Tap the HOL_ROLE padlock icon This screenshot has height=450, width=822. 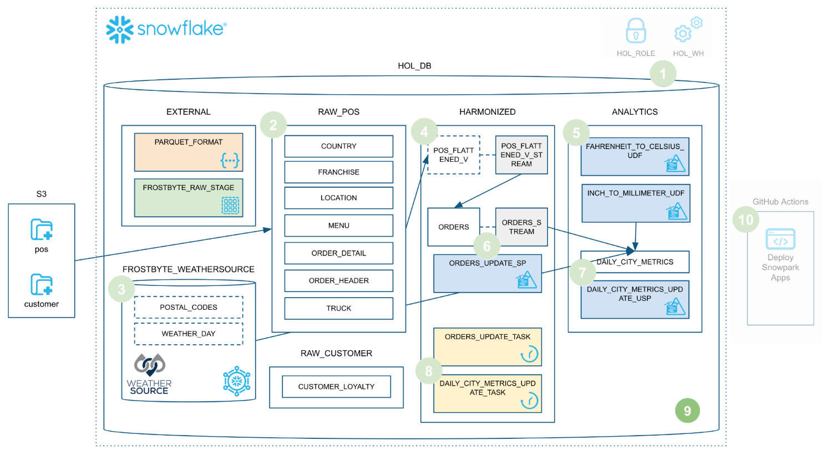pyautogui.click(x=636, y=31)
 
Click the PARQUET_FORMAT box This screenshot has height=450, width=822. pyautogui.click(x=189, y=152)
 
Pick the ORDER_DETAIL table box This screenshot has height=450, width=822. pyautogui.click(x=338, y=253)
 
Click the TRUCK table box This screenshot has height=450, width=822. pyautogui.click(x=338, y=308)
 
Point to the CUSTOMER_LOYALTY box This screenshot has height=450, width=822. pyautogui.click(x=336, y=386)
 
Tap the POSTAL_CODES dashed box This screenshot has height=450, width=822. pyautogui.click(x=189, y=307)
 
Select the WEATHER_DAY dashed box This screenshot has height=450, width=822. pyautogui.click(x=189, y=334)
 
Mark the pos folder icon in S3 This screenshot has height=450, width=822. pyautogui.click(x=42, y=229)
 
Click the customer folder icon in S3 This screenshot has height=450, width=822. pyautogui.click(x=42, y=284)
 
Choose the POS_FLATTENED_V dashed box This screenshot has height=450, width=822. pyautogui.click(x=453, y=155)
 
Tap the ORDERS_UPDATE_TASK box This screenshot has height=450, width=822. pyautogui.click(x=487, y=346)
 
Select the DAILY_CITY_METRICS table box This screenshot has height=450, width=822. pyautogui.click(x=635, y=262)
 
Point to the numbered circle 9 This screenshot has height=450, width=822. pyautogui.click(x=687, y=411)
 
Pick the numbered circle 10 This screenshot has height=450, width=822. pyautogui.click(x=746, y=219)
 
